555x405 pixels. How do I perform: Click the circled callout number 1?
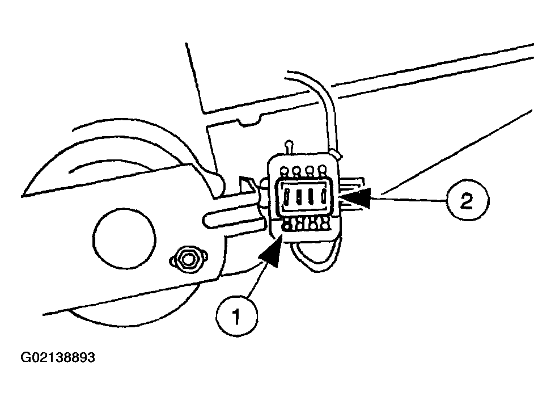pos(236,316)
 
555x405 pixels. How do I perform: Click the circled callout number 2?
pos(467,201)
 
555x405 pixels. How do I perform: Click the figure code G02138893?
pos(58,357)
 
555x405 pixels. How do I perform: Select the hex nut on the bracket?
pos(187,259)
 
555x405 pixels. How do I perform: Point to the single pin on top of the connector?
pos(290,147)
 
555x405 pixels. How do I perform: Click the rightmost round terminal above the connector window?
pos(321,170)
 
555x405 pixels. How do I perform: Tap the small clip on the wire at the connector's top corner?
pos(334,154)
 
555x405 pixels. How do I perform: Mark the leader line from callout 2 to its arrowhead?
pos(409,199)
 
